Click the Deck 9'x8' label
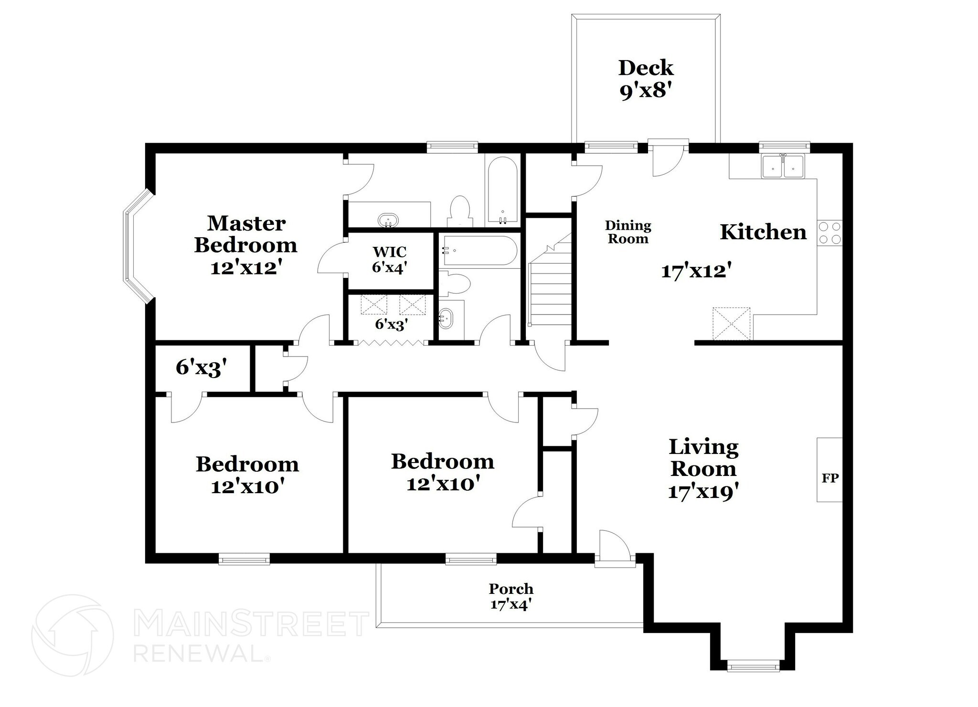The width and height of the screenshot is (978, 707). point(645,79)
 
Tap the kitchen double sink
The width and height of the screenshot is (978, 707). point(783,167)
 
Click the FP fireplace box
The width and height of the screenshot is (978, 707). point(829,477)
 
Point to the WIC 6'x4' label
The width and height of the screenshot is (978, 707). point(390,259)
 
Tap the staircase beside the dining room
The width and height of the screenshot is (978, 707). point(551,286)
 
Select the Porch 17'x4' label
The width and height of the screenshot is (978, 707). point(511,596)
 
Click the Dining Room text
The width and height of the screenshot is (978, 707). point(628,232)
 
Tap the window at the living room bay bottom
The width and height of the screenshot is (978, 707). point(753,665)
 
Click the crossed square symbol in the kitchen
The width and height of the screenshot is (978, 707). point(731,324)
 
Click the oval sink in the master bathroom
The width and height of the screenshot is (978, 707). point(388,221)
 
